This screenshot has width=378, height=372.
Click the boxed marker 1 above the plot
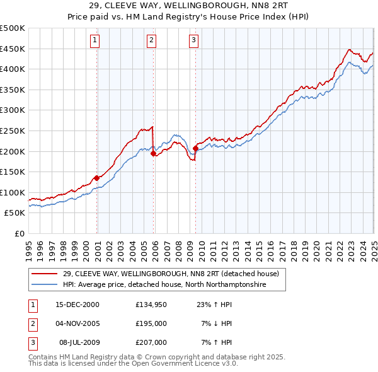point(94,41)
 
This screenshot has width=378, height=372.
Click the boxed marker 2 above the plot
point(152,41)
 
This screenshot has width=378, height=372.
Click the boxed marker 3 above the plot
point(193,41)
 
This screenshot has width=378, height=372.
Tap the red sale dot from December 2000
point(96,178)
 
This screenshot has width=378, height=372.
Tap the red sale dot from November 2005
point(153,153)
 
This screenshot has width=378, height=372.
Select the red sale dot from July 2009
point(195,148)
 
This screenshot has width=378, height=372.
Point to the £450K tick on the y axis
point(13,49)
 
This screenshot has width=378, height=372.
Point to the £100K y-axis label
point(13,192)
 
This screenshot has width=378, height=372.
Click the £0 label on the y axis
point(19,233)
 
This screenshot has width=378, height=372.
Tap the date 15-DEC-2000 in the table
point(77,304)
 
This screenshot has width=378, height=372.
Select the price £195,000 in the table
point(151,323)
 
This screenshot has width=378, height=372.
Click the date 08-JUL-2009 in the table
point(77,342)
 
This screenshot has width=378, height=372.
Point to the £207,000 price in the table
point(151,342)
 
